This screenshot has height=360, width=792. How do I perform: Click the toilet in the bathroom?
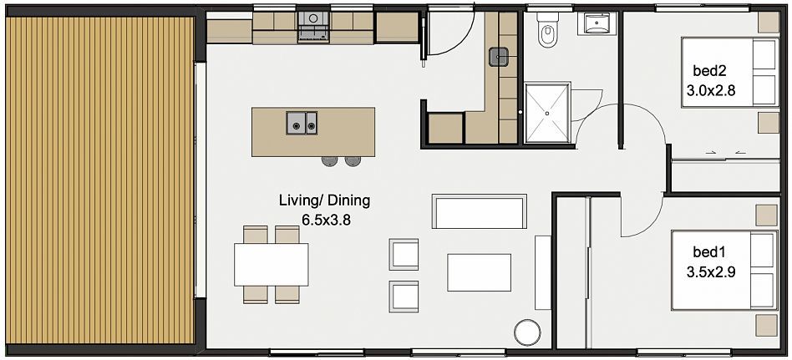(x=547, y=29)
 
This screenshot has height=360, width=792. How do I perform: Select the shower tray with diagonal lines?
(x=547, y=113)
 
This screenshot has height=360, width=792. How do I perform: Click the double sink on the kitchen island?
(x=302, y=123)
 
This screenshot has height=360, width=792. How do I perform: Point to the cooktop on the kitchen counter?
(x=313, y=26)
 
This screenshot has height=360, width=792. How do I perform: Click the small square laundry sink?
(x=499, y=57)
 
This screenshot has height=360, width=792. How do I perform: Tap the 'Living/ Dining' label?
(x=324, y=200)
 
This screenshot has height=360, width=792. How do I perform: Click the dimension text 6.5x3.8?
(x=326, y=220)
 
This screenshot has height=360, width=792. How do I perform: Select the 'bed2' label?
(x=709, y=71)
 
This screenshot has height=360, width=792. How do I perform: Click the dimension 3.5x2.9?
(x=710, y=272)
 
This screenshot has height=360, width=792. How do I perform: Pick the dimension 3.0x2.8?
(x=710, y=90)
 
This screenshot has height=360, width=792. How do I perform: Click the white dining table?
(x=272, y=265)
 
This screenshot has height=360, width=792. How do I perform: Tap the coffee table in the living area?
(x=479, y=272)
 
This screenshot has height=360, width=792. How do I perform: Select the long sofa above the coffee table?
(x=479, y=211)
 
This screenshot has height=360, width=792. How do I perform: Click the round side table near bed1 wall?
(x=527, y=332)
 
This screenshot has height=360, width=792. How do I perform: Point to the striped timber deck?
(x=100, y=180)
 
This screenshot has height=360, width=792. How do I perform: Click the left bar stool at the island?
(x=329, y=161)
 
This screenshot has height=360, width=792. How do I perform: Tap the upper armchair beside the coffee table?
(x=404, y=254)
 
